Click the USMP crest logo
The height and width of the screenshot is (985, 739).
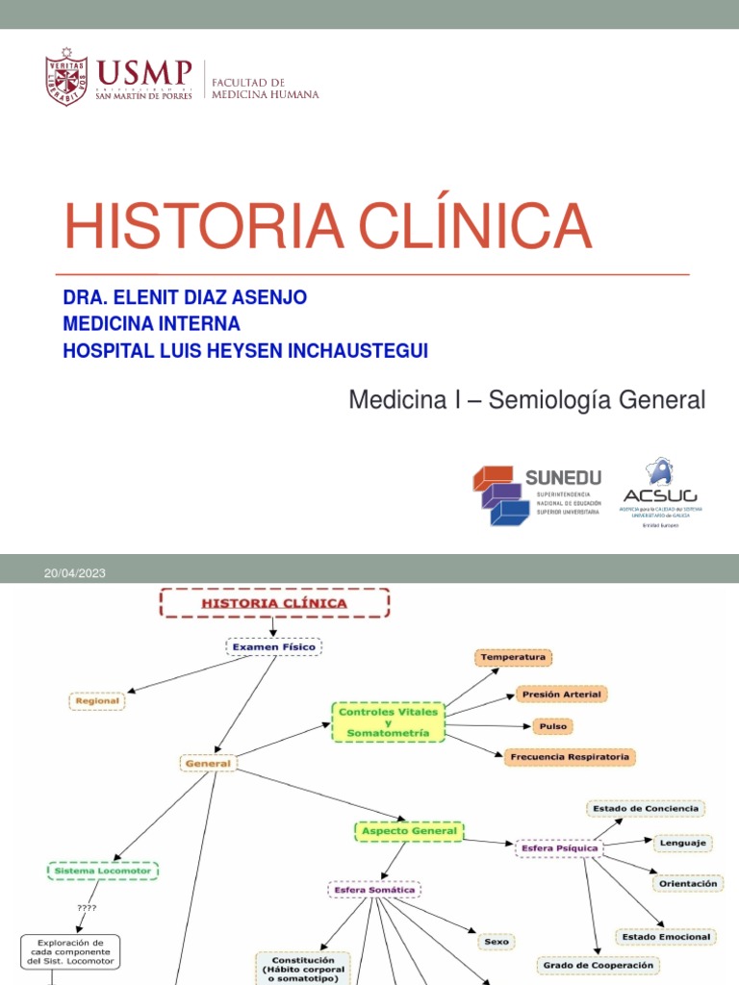pyautogui.click(x=66, y=75)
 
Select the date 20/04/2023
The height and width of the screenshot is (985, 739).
pyautogui.click(x=74, y=573)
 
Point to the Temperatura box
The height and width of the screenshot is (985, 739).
pyautogui.click(x=513, y=657)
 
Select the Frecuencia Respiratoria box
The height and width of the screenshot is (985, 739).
pyautogui.click(x=570, y=757)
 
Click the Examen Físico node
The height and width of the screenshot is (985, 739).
pyautogui.click(x=273, y=647)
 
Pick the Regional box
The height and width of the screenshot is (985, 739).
pyautogui.click(x=97, y=701)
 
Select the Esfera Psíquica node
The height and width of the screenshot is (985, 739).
pyautogui.click(x=558, y=848)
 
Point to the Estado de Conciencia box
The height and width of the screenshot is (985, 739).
pyautogui.click(x=646, y=809)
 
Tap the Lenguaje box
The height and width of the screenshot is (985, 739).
pyautogui.click(x=682, y=843)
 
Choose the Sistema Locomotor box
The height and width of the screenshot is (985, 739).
pyautogui.click(x=103, y=871)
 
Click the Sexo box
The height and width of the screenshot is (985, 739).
pyautogui.click(x=497, y=942)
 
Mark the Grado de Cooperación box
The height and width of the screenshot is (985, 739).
pyautogui.click(x=598, y=965)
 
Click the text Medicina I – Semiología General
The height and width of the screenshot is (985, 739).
pyautogui.click(x=526, y=399)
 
